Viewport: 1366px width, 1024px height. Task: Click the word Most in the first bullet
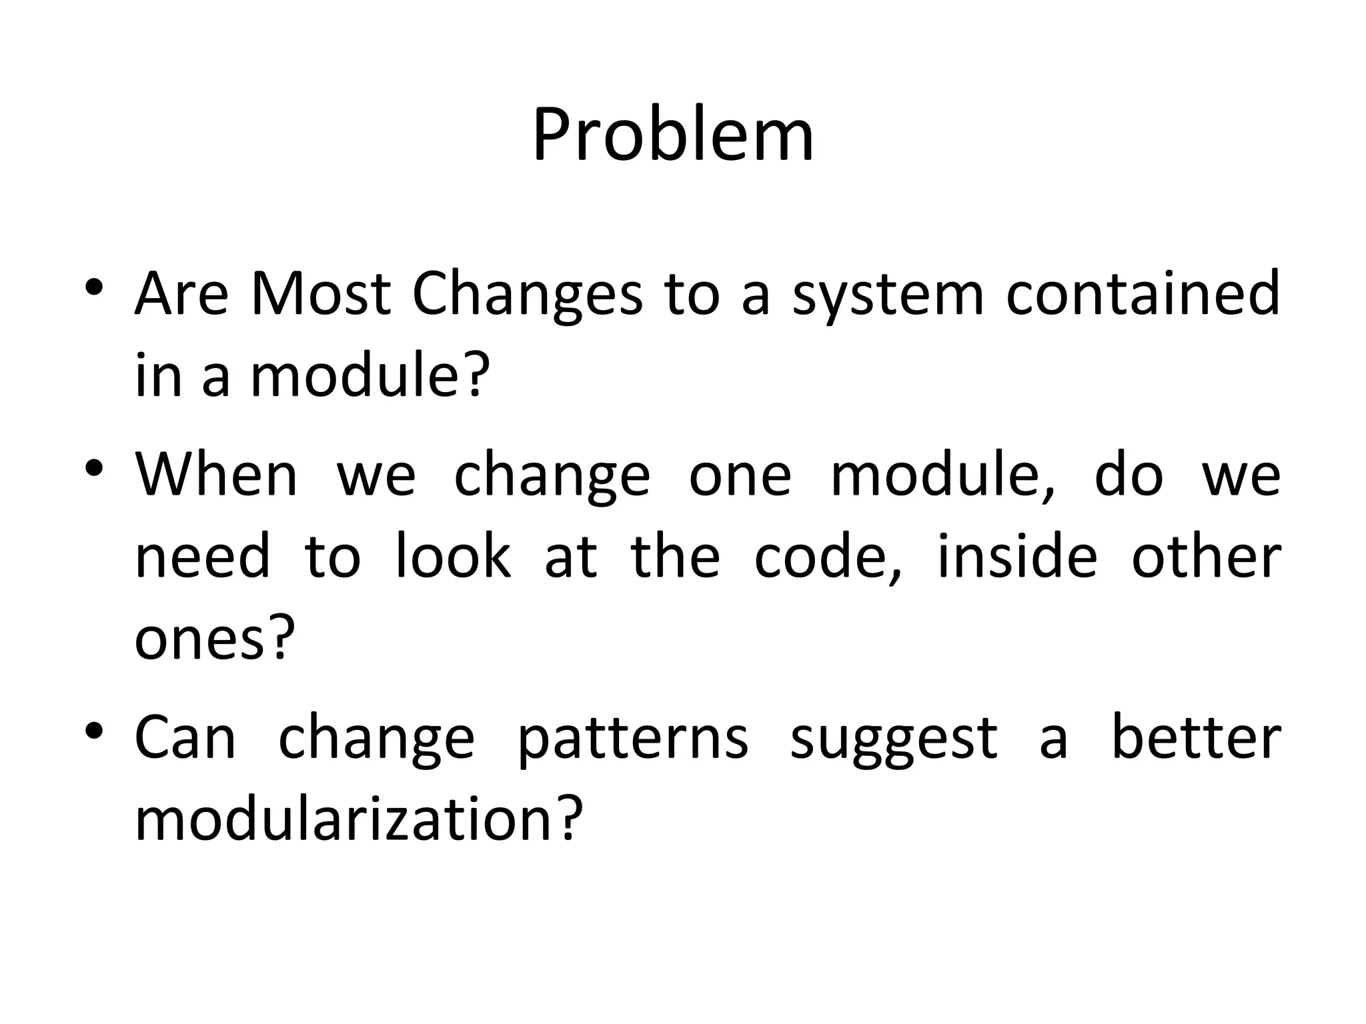320,294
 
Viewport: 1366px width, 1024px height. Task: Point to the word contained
1143,294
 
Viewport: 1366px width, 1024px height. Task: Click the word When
216,475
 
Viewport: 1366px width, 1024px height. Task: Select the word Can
185,738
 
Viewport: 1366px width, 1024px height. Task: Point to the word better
1196,738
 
